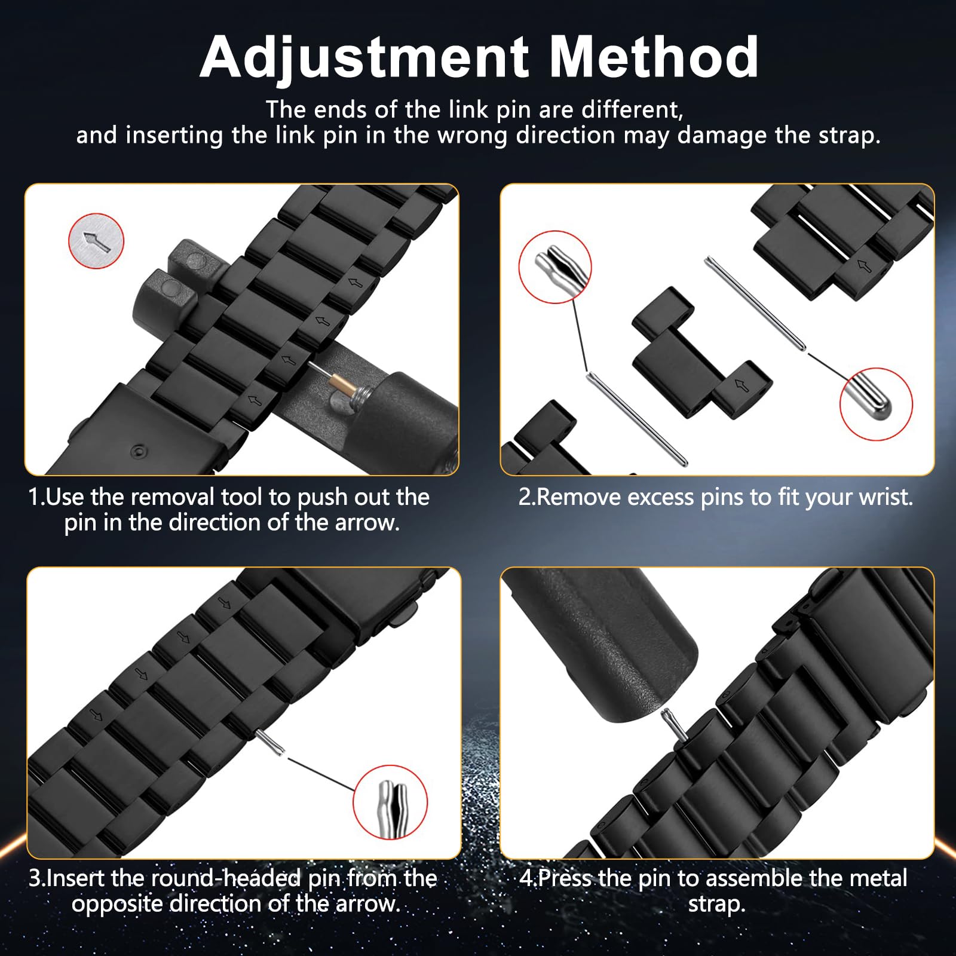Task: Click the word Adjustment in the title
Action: pyautogui.click(x=364, y=59)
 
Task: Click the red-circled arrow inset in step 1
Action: pyautogui.click(x=96, y=241)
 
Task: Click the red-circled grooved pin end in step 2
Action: pyautogui.click(x=555, y=267)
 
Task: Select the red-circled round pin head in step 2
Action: pyautogui.click(x=876, y=405)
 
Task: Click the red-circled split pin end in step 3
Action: pyautogui.click(x=390, y=802)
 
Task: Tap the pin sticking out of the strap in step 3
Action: pyautogui.click(x=270, y=743)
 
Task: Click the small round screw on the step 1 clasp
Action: pyautogui.click(x=139, y=449)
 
